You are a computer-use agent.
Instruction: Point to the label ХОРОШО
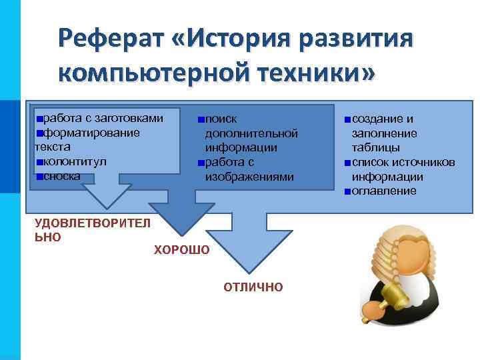181,250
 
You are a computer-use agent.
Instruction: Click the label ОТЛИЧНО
253,287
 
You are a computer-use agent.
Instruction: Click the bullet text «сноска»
62,176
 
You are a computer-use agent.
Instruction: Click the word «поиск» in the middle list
221,119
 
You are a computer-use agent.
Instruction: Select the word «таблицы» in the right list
376,147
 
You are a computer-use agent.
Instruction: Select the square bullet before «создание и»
348,119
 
